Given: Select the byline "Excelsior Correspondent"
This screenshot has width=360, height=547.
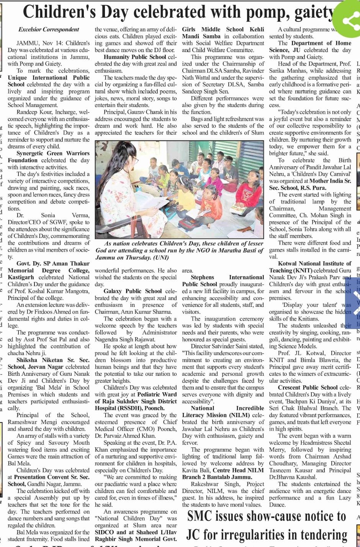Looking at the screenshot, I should coord(49,29).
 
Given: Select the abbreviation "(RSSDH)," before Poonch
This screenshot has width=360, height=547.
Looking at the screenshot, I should coord(126,408).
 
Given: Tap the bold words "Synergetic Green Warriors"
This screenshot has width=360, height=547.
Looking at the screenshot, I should coord(53,154).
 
